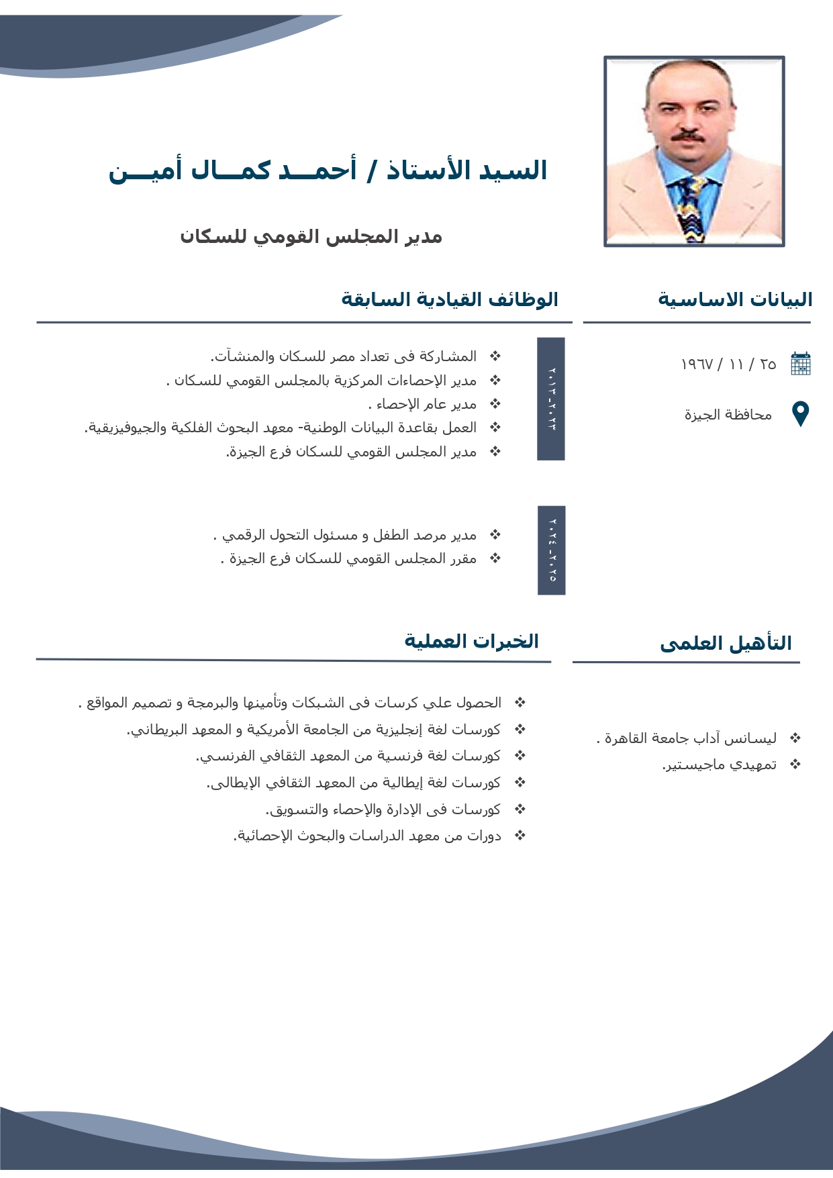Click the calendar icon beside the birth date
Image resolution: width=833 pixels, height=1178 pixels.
pyautogui.click(x=801, y=363)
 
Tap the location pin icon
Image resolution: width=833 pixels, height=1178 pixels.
pyautogui.click(x=801, y=413)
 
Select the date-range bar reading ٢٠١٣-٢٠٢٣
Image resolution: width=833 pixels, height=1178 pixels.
pyautogui.click(x=551, y=399)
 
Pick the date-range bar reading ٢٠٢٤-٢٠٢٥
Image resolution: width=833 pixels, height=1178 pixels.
pyautogui.click(x=552, y=550)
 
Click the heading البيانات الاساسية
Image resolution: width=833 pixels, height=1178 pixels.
pyautogui.click(x=735, y=299)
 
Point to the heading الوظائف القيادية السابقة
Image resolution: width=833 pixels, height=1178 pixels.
pyautogui.click(x=450, y=299)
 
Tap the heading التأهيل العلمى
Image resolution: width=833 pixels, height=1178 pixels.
pyautogui.click(x=726, y=643)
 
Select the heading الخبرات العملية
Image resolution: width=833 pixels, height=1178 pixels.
pyautogui.click(x=471, y=641)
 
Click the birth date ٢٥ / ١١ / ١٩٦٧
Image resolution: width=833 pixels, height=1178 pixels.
pyautogui.click(x=728, y=364)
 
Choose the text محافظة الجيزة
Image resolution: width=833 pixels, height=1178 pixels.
pyautogui.click(x=728, y=415)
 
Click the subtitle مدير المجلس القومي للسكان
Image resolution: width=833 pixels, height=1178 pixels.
pyautogui.click(x=311, y=236)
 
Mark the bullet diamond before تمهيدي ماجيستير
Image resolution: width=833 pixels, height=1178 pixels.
pyautogui.click(x=795, y=764)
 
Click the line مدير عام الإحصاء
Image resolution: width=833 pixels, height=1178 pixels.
pyautogui.click(x=423, y=404)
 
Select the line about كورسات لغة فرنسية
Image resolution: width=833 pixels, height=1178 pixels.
pyautogui.click(x=348, y=756)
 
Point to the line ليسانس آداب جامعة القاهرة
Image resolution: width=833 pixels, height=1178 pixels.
pyautogui.click(x=687, y=738)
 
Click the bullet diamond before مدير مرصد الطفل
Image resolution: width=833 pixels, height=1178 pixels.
pyautogui.click(x=495, y=534)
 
